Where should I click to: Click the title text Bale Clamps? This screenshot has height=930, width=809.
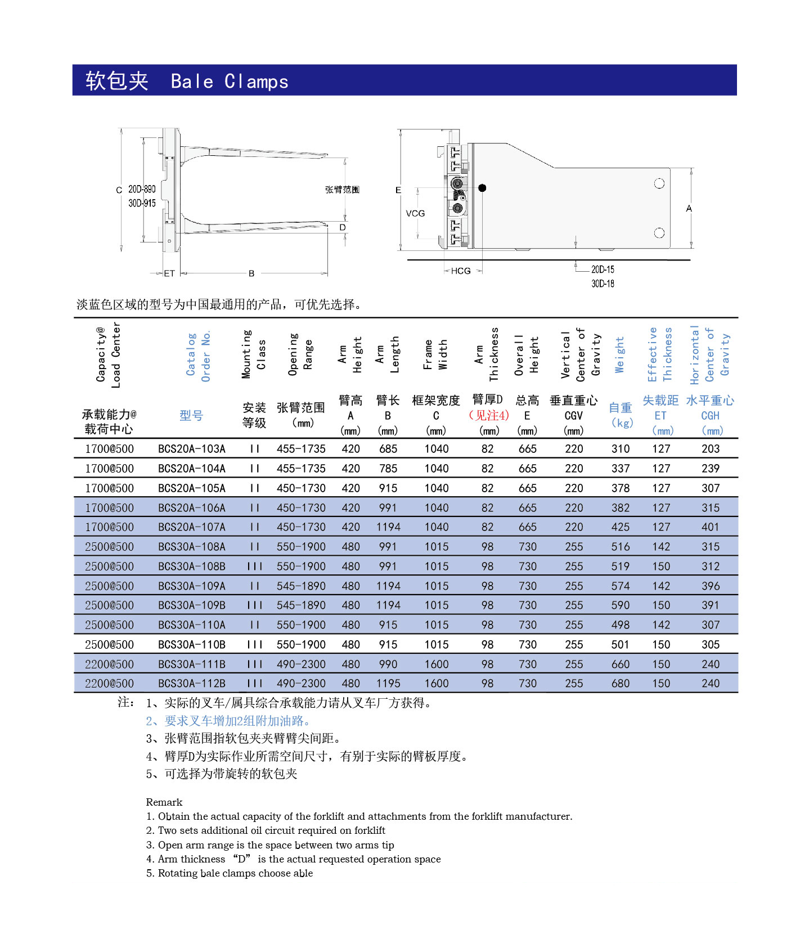click(x=229, y=82)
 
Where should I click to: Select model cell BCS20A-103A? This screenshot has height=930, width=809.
click(x=192, y=449)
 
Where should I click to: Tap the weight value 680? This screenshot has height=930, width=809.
click(x=621, y=684)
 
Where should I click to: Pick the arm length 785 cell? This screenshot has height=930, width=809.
click(x=388, y=469)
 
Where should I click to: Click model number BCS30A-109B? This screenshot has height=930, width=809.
click(x=192, y=605)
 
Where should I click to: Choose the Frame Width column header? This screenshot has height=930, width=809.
click(x=435, y=354)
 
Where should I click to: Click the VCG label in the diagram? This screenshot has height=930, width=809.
click(x=415, y=214)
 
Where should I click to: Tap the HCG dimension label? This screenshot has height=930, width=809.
click(x=461, y=271)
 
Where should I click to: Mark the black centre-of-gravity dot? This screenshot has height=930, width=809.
click(x=482, y=188)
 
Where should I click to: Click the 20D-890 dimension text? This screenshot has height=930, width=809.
click(x=142, y=189)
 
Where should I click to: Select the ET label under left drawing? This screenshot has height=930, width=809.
click(x=169, y=273)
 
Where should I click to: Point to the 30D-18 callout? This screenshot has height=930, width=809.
click(x=603, y=284)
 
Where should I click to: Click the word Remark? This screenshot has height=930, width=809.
click(x=164, y=802)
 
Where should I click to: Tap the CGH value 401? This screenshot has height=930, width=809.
click(x=711, y=527)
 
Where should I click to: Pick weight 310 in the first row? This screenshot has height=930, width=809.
click(x=621, y=449)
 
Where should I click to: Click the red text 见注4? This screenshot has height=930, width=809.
click(x=489, y=415)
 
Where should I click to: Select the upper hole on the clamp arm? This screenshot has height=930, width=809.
click(x=659, y=183)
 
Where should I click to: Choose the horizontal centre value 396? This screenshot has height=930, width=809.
click(x=711, y=586)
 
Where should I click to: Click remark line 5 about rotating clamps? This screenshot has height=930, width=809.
click(x=230, y=873)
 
